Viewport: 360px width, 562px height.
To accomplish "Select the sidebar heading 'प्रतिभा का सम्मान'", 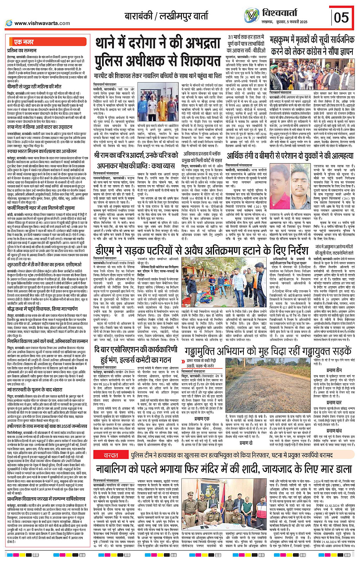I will coord(22,50).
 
